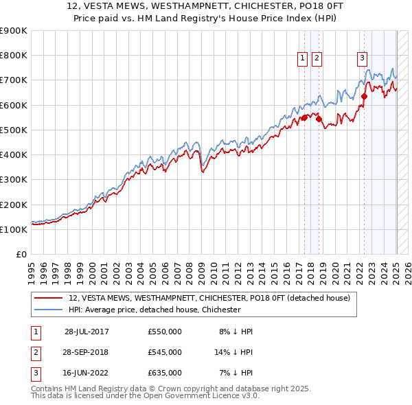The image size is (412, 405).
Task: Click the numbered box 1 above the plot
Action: click(x=302, y=59)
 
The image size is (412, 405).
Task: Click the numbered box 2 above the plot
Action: click(x=317, y=59)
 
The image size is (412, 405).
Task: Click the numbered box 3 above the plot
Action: click(x=362, y=59)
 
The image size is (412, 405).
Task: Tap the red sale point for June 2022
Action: click(x=364, y=96)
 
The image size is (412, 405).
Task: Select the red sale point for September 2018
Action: click(x=320, y=119)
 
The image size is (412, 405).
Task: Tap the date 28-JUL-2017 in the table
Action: click(x=87, y=332)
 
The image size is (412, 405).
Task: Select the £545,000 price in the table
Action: click(x=165, y=352)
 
